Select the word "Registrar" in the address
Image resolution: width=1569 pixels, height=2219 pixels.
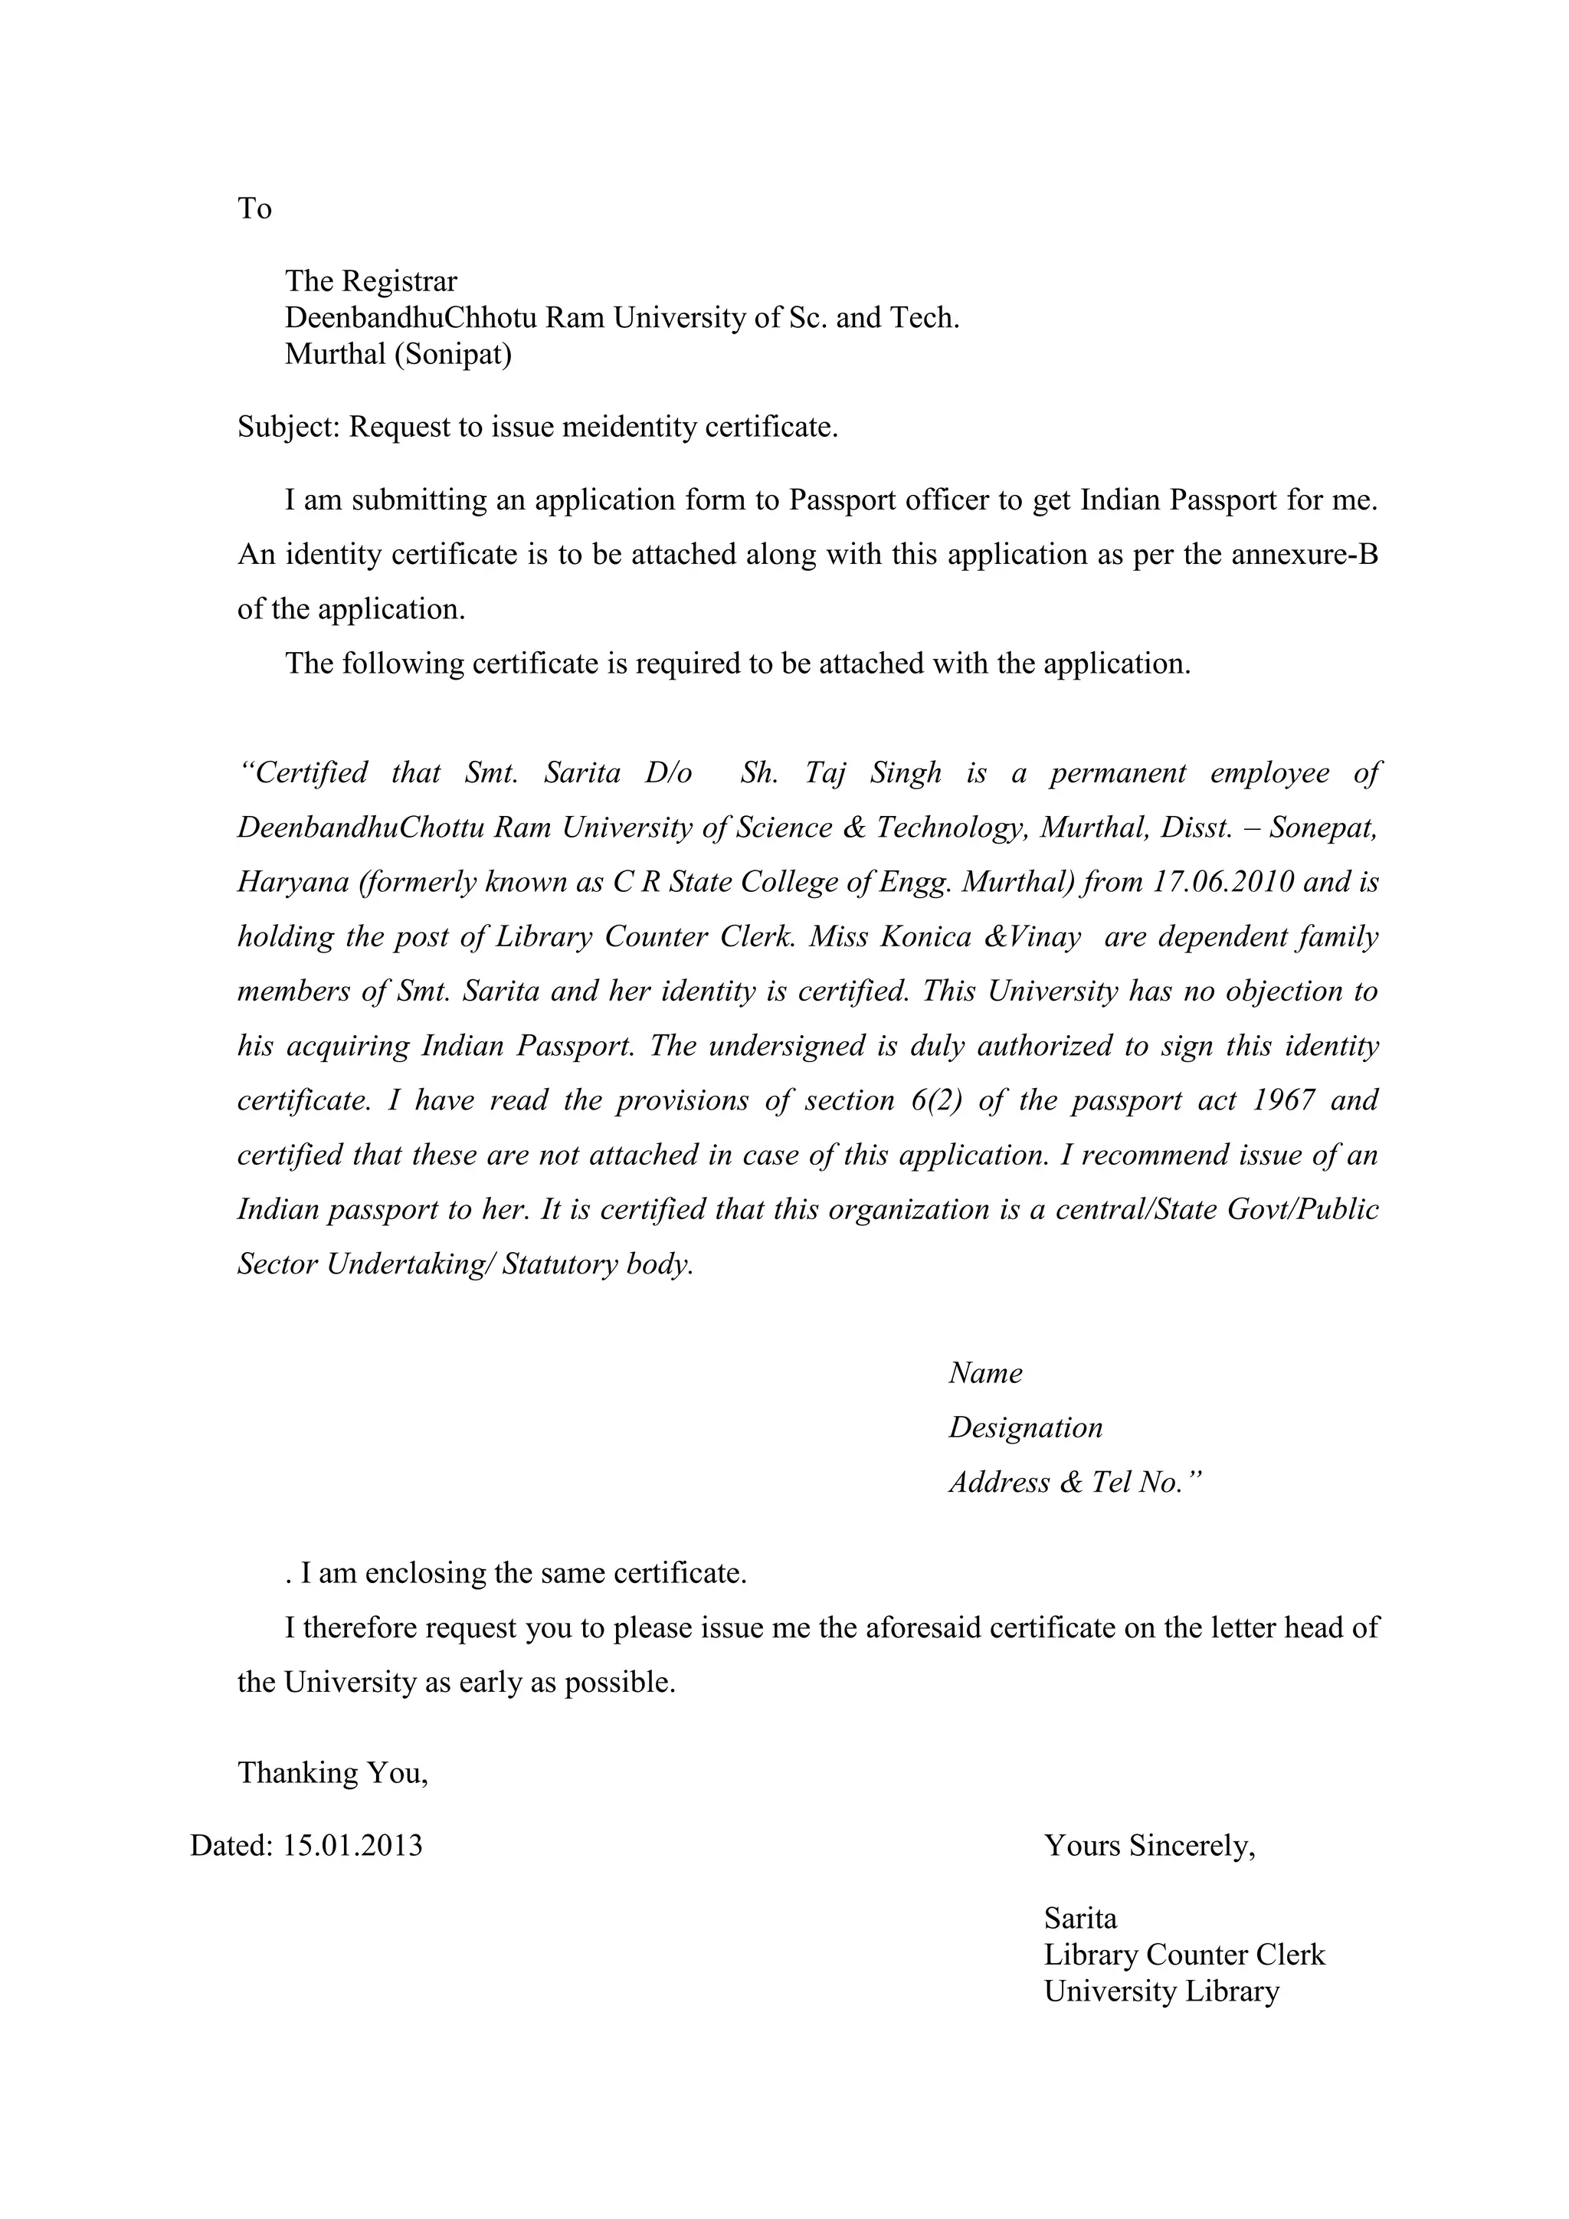400,281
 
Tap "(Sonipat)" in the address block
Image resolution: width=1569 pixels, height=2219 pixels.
453,355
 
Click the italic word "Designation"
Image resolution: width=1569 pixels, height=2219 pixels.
1025,1428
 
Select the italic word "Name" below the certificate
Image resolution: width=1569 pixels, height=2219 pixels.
984,1373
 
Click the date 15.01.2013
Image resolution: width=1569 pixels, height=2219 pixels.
352,1846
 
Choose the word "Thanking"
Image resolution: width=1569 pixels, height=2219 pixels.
296,1772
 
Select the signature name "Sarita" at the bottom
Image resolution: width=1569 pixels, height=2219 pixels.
1080,1919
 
